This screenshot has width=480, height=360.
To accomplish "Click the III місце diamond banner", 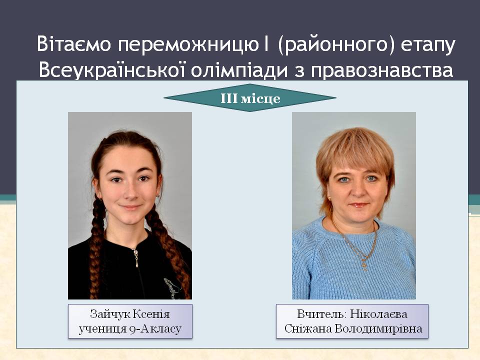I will tap(250, 98).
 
